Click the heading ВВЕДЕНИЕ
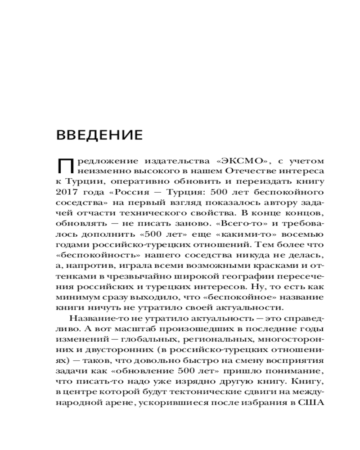point(99,135)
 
